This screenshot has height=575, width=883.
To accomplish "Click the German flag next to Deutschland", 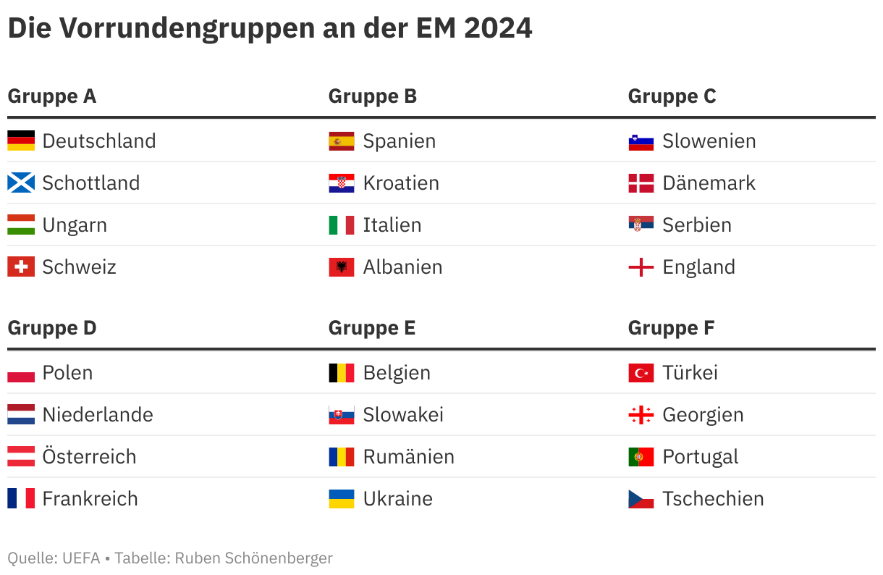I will [21, 140].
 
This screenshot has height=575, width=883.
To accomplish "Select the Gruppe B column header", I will [372, 96].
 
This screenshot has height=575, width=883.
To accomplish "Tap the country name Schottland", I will [91, 182].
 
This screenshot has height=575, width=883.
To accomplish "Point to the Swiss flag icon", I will [21, 266].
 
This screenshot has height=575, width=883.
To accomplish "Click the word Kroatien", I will [401, 182].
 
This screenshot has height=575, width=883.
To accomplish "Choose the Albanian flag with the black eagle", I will [342, 266].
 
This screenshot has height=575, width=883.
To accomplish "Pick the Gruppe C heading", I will [672, 96].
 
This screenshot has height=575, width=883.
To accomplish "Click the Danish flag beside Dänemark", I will [641, 182].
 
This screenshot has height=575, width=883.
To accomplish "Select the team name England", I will [698, 266].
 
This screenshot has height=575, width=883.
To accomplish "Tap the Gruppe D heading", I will [51, 328].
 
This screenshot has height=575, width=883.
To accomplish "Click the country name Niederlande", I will [98, 414].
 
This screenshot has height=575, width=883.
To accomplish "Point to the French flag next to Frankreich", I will [21, 498].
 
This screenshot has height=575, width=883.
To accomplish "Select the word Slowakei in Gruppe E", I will [403, 414].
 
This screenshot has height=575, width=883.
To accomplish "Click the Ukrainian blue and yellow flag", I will [342, 498].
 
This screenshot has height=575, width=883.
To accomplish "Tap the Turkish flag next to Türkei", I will [641, 373].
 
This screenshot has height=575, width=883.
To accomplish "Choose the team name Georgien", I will [703, 414].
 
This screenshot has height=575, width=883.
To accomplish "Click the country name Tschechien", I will [713, 498].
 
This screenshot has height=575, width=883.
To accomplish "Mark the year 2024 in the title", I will [497, 28].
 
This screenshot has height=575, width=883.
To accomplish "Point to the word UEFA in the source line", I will [80, 558].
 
